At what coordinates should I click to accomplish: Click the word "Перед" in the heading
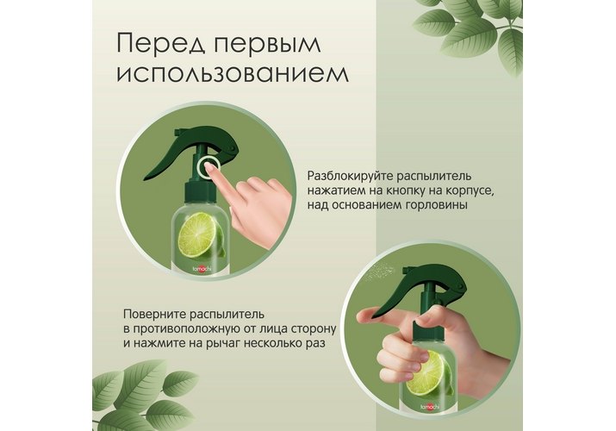point(161,44)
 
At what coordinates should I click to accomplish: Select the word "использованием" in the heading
point(233,73)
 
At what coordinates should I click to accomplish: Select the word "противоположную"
point(185,328)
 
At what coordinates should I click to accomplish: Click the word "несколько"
point(272,343)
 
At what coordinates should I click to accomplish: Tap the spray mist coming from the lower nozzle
point(379,271)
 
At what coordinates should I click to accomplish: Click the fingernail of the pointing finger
point(210,169)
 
